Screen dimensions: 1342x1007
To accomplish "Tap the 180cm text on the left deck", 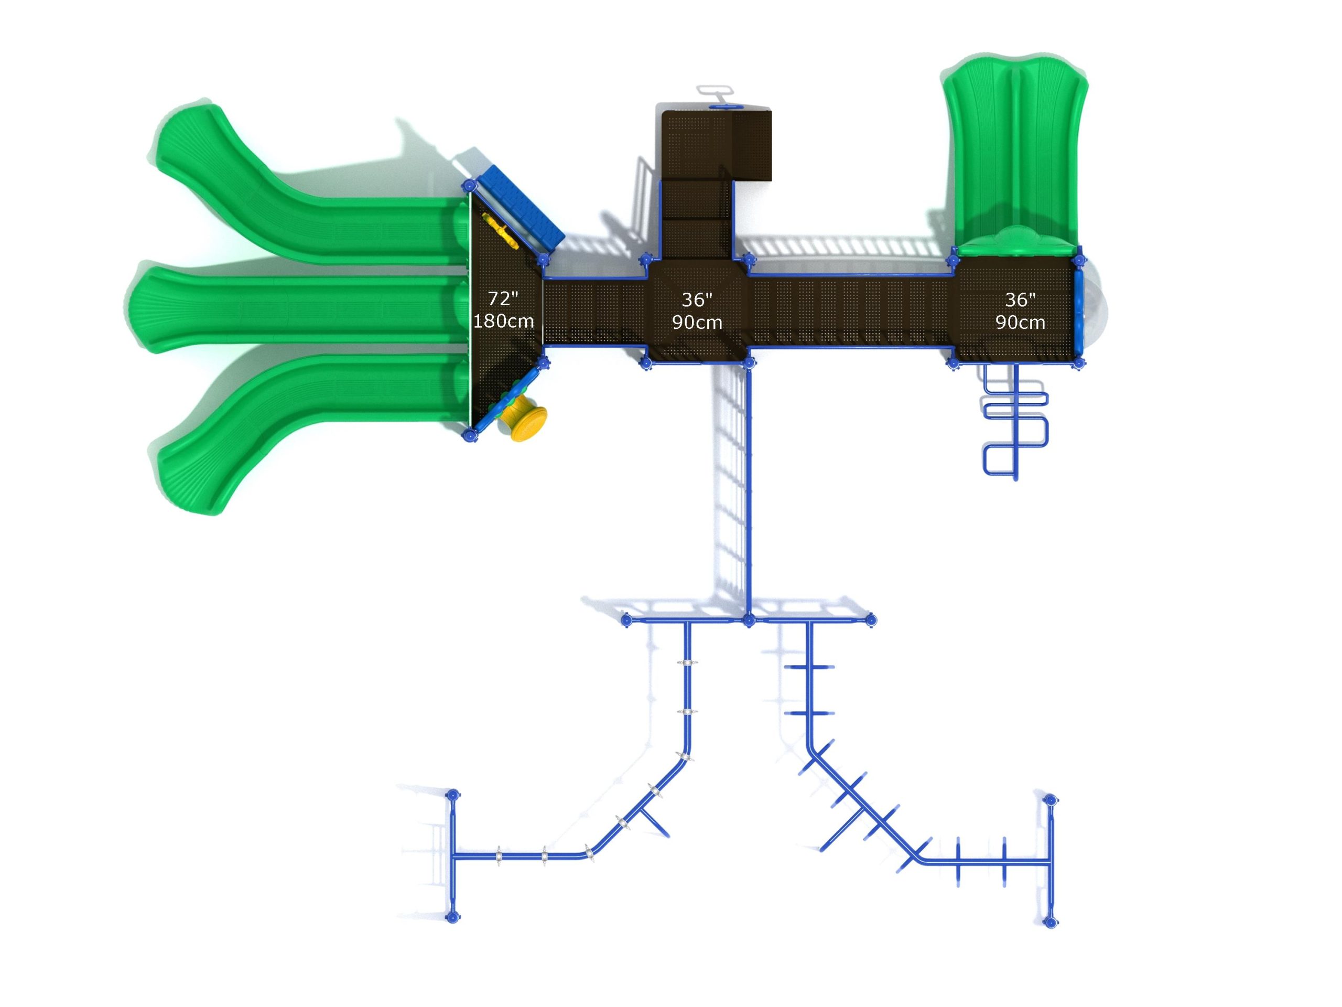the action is [x=504, y=320].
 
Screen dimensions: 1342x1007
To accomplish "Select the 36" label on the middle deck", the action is [x=697, y=299].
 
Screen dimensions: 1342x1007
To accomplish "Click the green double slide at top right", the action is [x=1014, y=158].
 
